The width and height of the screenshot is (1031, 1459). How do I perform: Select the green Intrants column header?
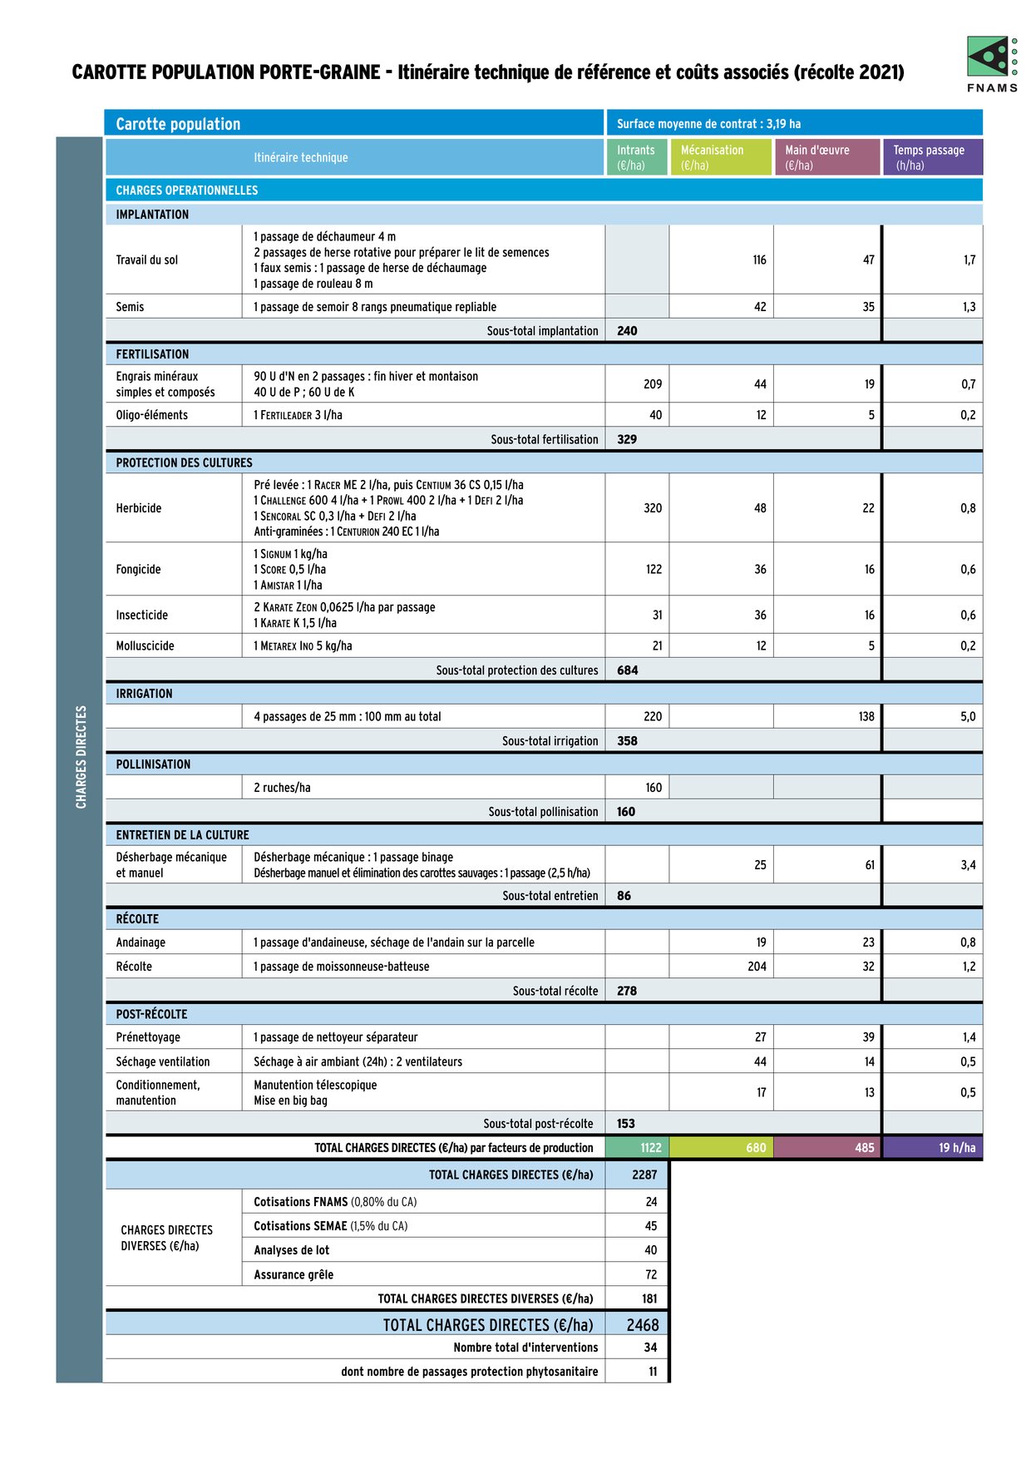(636, 157)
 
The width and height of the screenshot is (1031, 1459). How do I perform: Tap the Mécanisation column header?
(720, 157)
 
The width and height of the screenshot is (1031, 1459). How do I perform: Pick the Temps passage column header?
(931, 157)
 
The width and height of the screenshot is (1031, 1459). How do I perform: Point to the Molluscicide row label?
(146, 645)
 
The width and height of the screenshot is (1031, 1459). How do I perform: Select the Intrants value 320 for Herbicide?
(653, 508)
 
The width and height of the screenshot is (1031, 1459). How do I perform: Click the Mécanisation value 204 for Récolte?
(757, 967)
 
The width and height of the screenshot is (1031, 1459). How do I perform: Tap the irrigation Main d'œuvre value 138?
(866, 716)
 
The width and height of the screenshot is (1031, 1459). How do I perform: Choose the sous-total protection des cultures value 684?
(628, 670)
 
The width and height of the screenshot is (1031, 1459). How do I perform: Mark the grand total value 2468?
(643, 1325)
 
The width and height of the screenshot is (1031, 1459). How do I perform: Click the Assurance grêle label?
(294, 1274)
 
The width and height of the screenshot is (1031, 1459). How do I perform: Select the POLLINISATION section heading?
(153, 764)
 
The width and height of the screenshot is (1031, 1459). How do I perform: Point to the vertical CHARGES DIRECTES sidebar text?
(81, 757)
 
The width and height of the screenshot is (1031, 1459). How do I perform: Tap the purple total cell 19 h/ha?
(956, 1148)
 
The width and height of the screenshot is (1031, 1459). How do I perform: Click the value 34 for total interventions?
(650, 1348)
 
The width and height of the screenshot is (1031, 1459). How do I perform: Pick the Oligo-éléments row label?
(152, 415)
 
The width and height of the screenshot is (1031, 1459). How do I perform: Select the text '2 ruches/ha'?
(282, 788)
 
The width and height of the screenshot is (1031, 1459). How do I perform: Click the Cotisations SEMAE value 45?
(650, 1226)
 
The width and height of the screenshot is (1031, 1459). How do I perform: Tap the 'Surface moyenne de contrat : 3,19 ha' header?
(709, 124)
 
